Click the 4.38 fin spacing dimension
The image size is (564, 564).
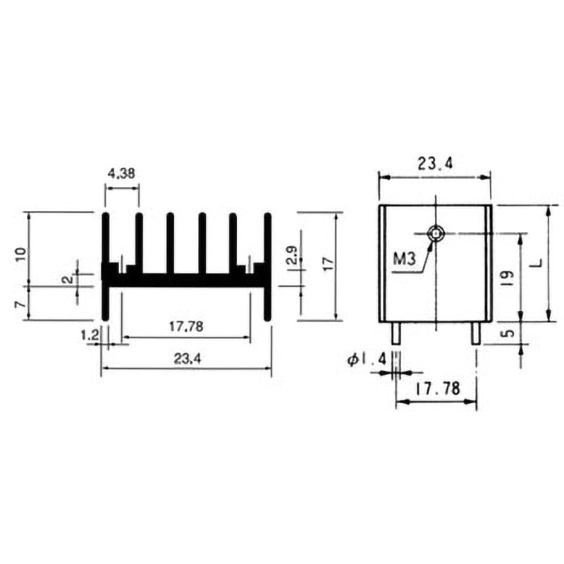pyautogui.click(x=121, y=173)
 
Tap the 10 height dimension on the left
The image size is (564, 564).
pyautogui.click(x=22, y=255)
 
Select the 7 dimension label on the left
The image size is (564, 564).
pyautogui.click(x=21, y=305)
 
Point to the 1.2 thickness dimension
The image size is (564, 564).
pyautogui.click(x=90, y=336)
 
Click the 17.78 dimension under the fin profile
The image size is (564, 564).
pyautogui.click(x=186, y=326)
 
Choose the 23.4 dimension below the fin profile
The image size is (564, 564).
pyautogui.click(x=188, y=359)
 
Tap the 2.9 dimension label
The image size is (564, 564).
pyautogui.click(x=293, y=255)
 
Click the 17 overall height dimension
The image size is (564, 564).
pyautogui.click(x=328, y=264)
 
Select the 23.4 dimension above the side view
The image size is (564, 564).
pyautogui.click(x=435, y=164)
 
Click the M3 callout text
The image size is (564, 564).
pyautogui.click(x=404, y=259)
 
